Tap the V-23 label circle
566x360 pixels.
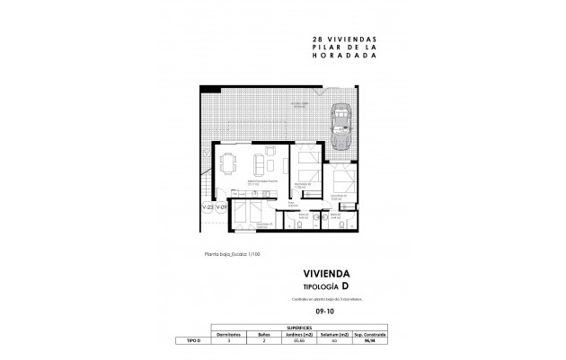point(208,207)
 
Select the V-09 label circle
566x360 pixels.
point(223,207)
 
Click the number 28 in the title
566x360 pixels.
point(315,40)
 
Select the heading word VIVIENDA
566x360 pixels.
point(326,274)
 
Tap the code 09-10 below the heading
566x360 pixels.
point(325,312)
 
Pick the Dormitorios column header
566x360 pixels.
point(231,334)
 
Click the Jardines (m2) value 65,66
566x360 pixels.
point(300,341)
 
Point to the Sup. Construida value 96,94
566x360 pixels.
point(369,341)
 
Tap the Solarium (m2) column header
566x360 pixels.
point(334,334)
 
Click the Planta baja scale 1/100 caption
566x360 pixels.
point(232,254)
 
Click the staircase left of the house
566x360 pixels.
point(206,175)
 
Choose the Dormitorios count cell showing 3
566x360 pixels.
point(231,341)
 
